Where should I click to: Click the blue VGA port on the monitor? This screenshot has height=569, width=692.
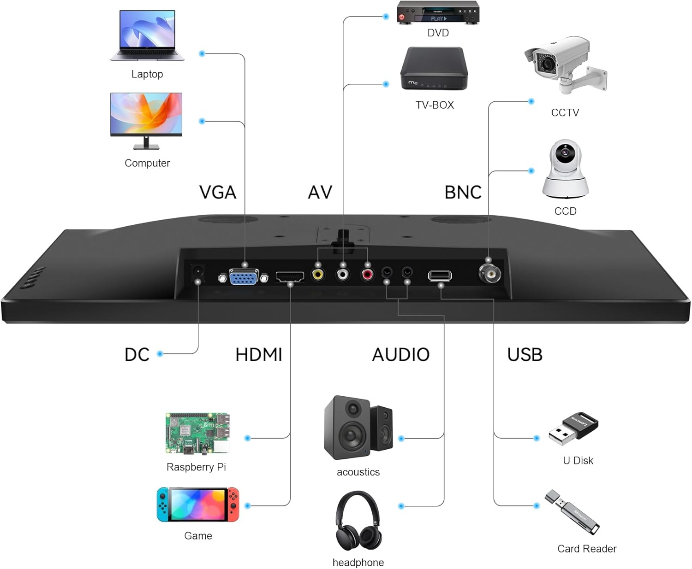[244, 278]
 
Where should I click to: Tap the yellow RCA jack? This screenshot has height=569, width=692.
[318, 275]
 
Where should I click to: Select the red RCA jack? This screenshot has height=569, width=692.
[367, 275]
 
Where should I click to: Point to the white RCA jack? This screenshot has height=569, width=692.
[342, 275]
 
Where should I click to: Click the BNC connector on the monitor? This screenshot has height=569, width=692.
[489, 275]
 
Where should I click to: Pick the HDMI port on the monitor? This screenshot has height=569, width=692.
[290, 276]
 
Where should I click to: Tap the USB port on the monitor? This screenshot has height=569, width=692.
[440, 276]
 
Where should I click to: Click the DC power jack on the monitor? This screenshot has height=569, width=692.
[198, 272]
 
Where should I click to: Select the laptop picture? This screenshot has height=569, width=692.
[147, 35]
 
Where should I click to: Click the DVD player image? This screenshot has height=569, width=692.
[438, 13]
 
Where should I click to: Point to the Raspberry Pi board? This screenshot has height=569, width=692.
[197, 433]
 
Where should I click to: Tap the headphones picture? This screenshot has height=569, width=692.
[358, 521]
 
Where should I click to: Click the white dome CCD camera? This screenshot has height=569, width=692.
[565, 169]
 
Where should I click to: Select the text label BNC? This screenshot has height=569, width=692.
[463, 192]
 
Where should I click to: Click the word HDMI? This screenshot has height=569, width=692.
[258, 355]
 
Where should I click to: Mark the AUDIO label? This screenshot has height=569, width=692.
[400, 355]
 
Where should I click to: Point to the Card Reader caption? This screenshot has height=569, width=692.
[586, 549]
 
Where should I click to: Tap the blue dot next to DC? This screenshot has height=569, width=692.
[160, 354]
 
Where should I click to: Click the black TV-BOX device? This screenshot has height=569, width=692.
[434, 69]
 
